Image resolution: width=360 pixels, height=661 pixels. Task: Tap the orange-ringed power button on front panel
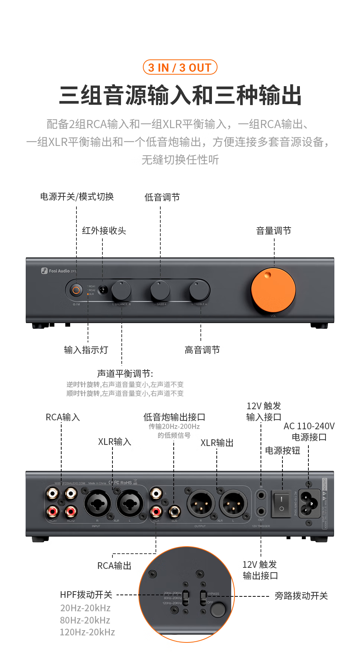[x=76, y=290]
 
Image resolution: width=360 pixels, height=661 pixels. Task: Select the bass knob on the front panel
[x=160, y=290]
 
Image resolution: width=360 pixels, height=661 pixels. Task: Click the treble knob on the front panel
[x=199, y=290]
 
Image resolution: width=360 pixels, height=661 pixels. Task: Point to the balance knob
[x=121, y=290]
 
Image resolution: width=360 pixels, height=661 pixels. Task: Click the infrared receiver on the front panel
[x=103, y=290]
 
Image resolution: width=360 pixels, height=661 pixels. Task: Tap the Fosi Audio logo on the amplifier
[x=59, y=271]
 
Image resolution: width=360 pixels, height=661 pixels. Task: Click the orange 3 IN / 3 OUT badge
[x=180, y=68]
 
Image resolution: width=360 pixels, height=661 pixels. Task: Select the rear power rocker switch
[x=281, y=504]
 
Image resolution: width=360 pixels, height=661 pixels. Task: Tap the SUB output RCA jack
[x=174, y=511]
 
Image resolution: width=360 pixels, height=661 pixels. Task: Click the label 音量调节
[x=274, y=231]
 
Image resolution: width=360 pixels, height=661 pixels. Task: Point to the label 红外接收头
[x=104, y=231]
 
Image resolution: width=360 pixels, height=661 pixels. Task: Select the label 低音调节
[x=162, y=197]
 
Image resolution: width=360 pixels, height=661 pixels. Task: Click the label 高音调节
[x=202, y=350]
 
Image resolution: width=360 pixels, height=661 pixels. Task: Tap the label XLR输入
[x=114, y=442]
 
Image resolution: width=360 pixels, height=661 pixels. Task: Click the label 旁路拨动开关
[x=301, y=596]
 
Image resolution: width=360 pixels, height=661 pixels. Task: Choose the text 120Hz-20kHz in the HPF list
[x=88, y=632]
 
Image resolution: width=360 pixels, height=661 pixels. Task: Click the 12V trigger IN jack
[x=261, y=495]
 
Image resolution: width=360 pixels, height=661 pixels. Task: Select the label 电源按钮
[x=282, y=450]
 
